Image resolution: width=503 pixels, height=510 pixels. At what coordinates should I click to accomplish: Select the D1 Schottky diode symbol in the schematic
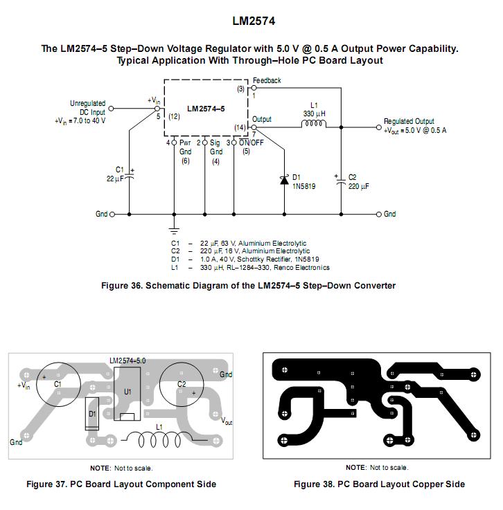click(x=284, y=180)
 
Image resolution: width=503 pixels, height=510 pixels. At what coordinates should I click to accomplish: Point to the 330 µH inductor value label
click(x=315, y=113)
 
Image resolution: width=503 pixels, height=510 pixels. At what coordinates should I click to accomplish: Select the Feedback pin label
click(x=267, y=80)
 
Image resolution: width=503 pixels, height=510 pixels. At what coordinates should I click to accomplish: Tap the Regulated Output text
click(x=409, y=122)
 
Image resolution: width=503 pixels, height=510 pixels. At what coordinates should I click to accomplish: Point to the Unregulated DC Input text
click(x=87, y=107)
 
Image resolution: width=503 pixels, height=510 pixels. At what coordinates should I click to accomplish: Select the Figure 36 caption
click(x=248, y=286)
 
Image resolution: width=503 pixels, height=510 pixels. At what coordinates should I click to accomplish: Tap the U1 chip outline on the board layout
click(x=127, y=393)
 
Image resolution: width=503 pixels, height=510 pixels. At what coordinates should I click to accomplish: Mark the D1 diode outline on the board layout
click(x=92, y=414)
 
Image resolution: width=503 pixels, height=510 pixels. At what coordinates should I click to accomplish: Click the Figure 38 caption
click(x=379, y=484)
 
